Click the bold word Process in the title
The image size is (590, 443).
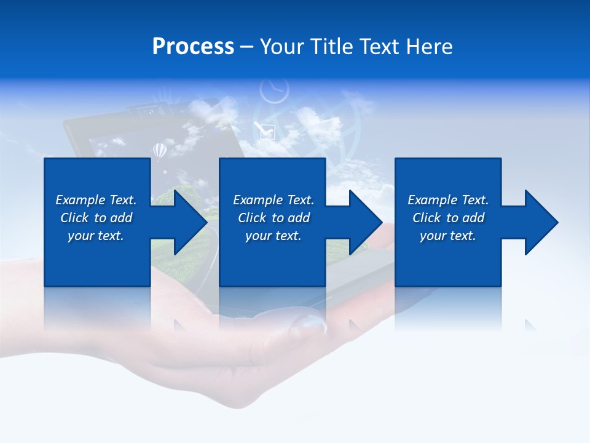[x=193, y=47]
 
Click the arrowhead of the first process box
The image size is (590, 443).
[x=188, y=222]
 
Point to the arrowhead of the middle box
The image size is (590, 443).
[x=364, y=222]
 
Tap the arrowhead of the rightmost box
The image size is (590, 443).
[x=540, y=222]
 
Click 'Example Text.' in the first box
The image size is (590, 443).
[x=96, y=200]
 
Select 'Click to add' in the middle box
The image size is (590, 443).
[x=273, y=218]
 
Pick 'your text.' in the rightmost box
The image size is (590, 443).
[x=448, y=236]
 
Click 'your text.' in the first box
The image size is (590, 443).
[x=96, y=236]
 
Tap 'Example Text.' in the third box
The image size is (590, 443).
[x=448, y=200]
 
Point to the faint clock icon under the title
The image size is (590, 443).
[x=273, y=90]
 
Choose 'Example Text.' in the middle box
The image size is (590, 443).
[x=273, y=200]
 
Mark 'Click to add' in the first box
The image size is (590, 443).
[x=96, y=218]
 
